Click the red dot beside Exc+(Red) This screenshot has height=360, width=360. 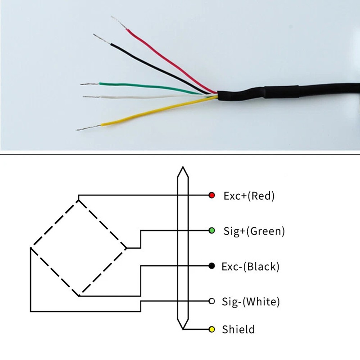[x=211, y=195]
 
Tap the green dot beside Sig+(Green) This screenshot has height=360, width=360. [x=211, y=230]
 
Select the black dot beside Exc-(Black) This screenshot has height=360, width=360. [x=211, y=266]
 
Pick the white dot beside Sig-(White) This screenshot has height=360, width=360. [x=211, y=301]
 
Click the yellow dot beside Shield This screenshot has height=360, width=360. [x=211, y=329]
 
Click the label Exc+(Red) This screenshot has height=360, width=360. [x=249, y=196]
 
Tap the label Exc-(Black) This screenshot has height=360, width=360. [x=250, y=266]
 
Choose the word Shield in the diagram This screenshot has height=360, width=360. [x=238, y=329]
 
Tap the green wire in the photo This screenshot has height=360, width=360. [x=144, y=87]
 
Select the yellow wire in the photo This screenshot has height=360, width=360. [x=151, y=112]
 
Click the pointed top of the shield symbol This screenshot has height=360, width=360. [x=183, y=168]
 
